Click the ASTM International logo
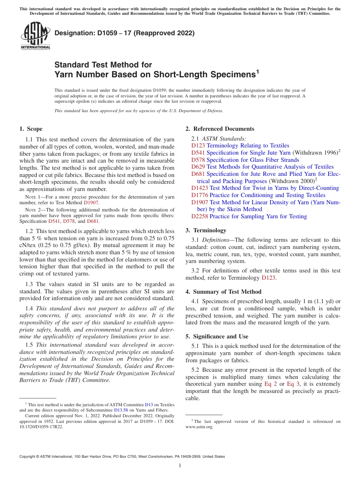(35, 36)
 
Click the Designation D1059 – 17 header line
(124, 33)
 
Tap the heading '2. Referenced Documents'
(220, 129)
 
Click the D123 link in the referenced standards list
(198, 146)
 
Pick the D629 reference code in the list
(198, 167)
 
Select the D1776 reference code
(200, 195)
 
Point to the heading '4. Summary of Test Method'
(223, 292)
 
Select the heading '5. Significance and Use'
(217, 336)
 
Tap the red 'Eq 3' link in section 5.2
(294, 384)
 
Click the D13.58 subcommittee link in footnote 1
(121, 410)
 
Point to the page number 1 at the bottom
(180, 465)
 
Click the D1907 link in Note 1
(91, 203)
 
